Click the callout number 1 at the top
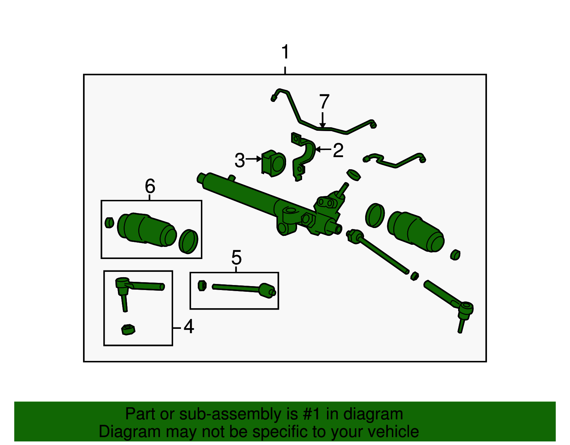click(285, 53)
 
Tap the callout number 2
click(338, 150)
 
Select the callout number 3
click(240, 160)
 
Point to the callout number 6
click(150, 186)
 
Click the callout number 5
click(236, 258)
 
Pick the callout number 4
click(188, 327)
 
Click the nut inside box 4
click(128, 330)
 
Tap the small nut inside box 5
click(202, 285)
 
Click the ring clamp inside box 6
click(188, 242)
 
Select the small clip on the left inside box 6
click(109, 223)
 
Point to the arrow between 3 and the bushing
click(254, 159)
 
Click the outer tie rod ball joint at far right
click(465, 308)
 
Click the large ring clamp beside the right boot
click(375, 216)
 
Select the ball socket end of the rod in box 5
click(266, 290)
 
